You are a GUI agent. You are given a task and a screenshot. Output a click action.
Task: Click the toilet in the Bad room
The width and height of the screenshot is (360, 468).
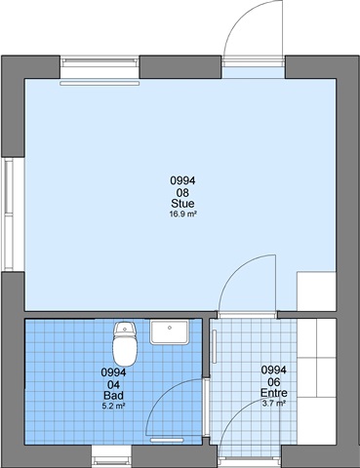pos(124,343)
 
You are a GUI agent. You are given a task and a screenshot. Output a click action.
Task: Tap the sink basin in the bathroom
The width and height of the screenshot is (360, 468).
pos(170,331)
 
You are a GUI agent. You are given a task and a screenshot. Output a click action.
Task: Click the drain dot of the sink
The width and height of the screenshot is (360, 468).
pos(170,328)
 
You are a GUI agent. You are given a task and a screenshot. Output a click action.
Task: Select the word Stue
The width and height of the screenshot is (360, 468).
pos(182,204)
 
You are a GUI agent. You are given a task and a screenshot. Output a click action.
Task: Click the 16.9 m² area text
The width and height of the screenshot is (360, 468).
pos(183,214)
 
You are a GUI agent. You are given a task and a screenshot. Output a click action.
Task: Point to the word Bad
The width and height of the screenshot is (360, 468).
pos(113,395)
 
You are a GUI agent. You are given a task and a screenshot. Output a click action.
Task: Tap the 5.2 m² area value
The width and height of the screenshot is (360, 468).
pos(113,406)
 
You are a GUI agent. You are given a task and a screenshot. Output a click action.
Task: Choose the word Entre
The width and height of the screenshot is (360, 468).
pos(274,393)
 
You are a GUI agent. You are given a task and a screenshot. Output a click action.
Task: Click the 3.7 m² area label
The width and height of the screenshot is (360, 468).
pos(274,404)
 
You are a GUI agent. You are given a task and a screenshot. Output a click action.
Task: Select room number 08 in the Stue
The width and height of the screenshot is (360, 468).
pos(182,193)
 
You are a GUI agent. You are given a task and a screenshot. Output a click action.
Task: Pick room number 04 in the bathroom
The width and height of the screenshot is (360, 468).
pos(113,385)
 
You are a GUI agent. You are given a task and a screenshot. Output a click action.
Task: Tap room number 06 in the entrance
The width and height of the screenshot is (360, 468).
pos(274,382)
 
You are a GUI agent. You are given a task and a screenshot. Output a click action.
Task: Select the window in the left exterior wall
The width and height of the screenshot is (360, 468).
pos(8,214)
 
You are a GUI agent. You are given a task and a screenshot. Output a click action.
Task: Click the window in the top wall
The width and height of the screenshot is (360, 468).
pos(100,61)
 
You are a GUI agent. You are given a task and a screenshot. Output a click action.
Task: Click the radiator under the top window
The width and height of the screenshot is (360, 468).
pos(100,84)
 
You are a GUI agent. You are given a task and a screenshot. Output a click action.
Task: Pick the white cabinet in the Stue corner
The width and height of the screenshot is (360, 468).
pos(316,292)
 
